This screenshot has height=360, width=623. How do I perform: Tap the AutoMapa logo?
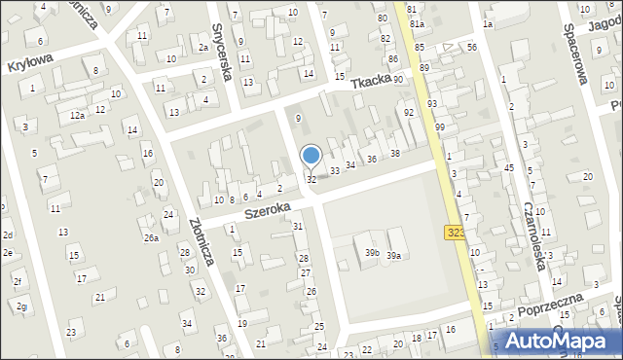[560, 341]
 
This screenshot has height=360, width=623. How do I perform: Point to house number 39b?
[372, 253]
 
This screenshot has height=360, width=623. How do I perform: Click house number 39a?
[393, 255]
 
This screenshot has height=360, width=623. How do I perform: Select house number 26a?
[151, 237]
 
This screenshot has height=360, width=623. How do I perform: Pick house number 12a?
[77, 115]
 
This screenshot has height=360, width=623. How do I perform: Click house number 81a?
[417, 23]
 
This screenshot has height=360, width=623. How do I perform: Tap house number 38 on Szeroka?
[395, 154]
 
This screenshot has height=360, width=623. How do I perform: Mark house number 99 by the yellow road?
[440, 127]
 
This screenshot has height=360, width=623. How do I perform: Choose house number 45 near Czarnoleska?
[508, 167]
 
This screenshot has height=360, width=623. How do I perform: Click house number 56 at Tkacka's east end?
[471, 47]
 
